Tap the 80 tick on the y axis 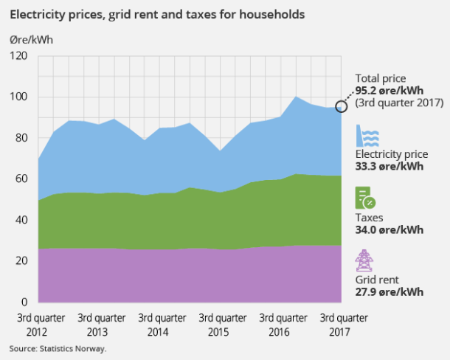(x=21, y=138)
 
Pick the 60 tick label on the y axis (x=21, y=179)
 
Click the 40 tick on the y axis (x=21, y=221)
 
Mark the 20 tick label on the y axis (x=21, y=261)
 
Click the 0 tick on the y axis (x=24, y=302)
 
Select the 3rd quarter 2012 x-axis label (x=41, y=325)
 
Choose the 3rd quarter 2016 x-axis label (x=283, y=325)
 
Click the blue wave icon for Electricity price (x=368, y=136)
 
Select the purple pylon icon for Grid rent (x=364, y=260)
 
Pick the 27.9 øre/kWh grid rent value (x=389, y=291)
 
